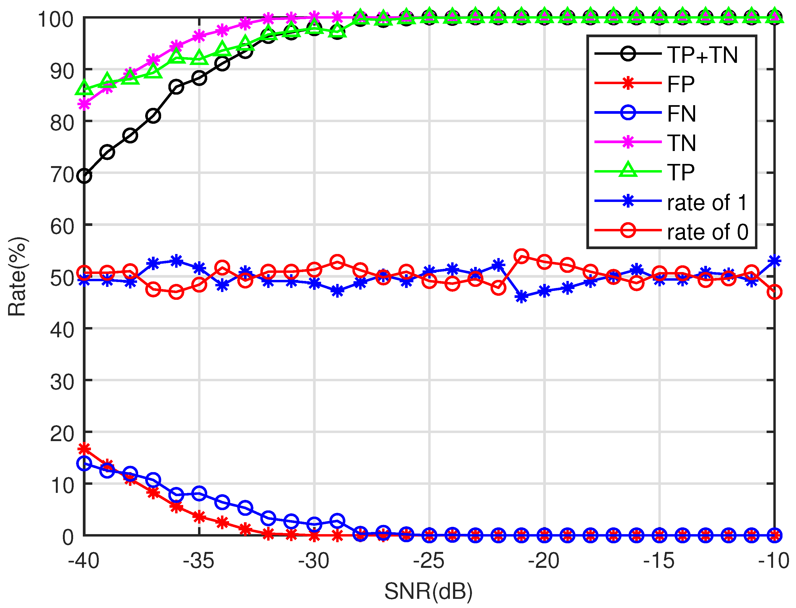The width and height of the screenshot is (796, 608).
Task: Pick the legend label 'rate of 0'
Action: click(x=707, y=232)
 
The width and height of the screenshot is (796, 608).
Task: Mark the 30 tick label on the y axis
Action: click(x=62, y=382)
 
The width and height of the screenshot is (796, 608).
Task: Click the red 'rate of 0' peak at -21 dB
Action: click(x=521, y=256)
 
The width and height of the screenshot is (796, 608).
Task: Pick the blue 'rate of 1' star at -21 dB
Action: click(x=521, y=297)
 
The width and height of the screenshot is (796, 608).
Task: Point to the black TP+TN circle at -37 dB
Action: click(x=153, y=116)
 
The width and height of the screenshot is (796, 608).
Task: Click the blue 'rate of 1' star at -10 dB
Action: click(x=774, y=260)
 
